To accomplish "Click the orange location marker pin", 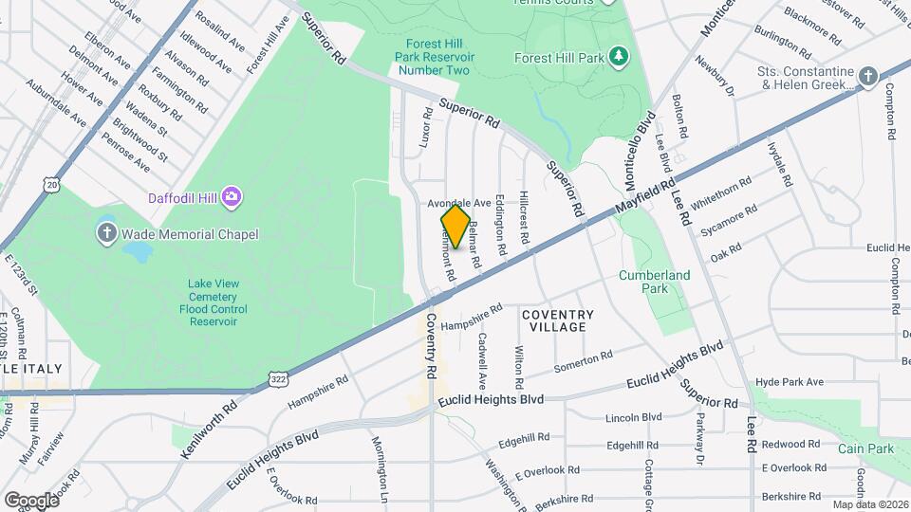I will (x=455, y=227).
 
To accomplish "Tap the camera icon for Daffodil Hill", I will (x=233, y=197).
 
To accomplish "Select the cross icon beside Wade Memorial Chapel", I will (x=107, y=233).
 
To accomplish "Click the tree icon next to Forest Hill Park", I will (x=619, y=57).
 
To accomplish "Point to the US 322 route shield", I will (x=276, y=379).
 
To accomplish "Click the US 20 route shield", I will (x=51, y=182).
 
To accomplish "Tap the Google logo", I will (x=31, y=500).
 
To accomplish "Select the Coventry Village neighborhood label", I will (x=558, y=320).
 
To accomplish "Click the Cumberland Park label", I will (x=655, y=282).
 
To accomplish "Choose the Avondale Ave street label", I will (x=458, y=203).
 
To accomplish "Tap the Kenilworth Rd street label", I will (x=209, y=430).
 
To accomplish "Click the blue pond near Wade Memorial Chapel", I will (x=136, y=251).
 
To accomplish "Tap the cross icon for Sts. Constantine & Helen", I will (x=867, y=76).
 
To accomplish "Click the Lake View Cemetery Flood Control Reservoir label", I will (x=213, y=302).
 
